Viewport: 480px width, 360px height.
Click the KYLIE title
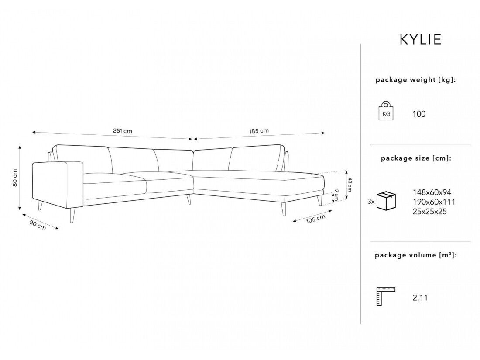[420, 39]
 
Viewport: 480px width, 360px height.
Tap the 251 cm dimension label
[123, 131]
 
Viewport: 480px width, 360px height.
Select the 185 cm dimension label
[259, 131]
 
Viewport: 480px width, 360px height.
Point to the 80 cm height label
[15, 178]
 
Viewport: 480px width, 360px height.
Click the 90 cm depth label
[38, 225]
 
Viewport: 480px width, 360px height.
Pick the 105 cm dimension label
[315, 219]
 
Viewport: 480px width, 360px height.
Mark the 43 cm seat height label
[350, 185]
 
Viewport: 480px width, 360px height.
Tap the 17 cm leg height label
[336, 195]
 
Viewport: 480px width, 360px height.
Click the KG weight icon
[386, 110]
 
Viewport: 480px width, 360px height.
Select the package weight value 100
[419, 114]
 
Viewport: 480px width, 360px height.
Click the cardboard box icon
[386, 201]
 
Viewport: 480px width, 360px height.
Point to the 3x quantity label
[371, 202]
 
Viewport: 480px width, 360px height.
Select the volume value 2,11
[420, 298]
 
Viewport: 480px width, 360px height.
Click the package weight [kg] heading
[416, 80]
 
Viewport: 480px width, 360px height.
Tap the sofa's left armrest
[58, 185]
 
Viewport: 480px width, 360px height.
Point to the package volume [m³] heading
[416, 255]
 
